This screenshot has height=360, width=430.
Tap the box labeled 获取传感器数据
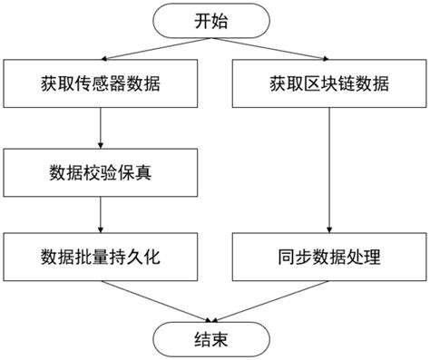click(x=101, y=85)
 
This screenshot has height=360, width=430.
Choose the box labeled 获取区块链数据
click(x=328, y=85)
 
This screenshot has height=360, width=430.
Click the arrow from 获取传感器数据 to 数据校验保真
click(x=101, y=128)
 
